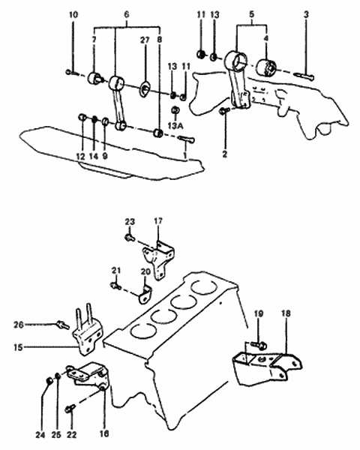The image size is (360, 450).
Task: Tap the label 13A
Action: pos(175,127)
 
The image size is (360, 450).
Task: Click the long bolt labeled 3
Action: pos(304,75)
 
